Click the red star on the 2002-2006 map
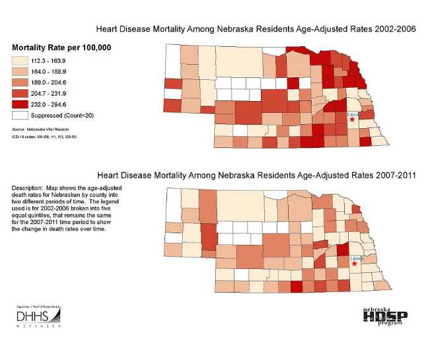point(353,120)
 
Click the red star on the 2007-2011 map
point(355,264)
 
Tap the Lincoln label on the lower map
point(357,258)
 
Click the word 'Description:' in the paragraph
point(26,189)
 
